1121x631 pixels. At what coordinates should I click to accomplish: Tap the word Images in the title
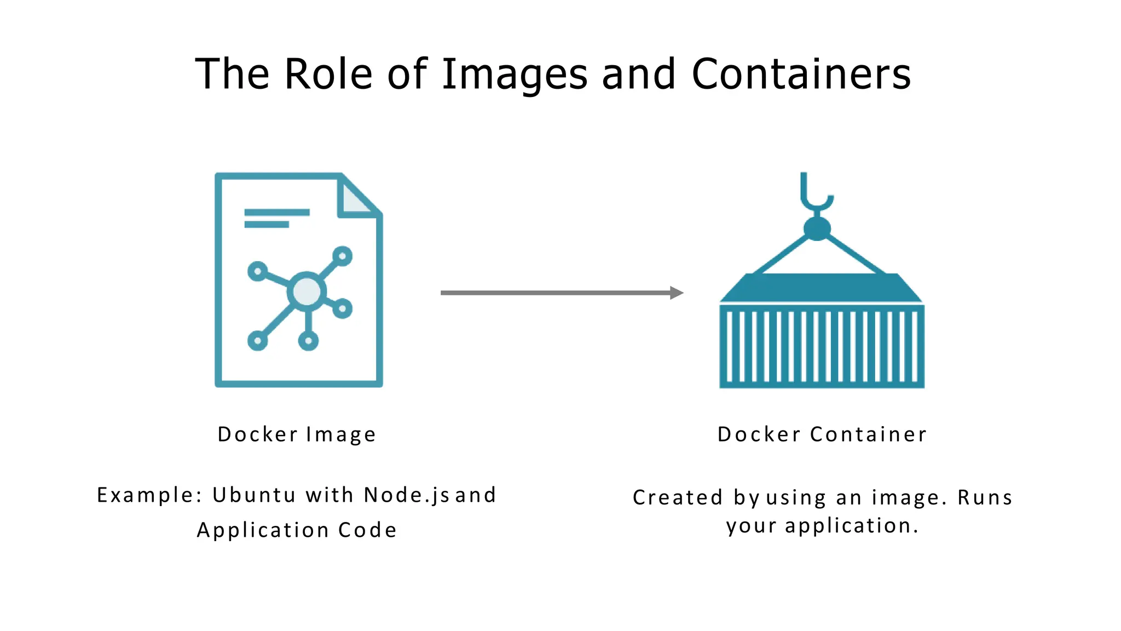tap(515, 74)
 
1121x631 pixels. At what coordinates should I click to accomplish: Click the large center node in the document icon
tap(307, 291)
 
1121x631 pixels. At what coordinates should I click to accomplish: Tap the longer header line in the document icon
tap(277, 212)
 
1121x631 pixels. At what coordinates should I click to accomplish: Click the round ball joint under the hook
tap(817, 228)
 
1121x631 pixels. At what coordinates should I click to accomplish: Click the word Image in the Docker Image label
tap(341, 434)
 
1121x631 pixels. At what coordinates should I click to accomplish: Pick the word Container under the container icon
tap(868, 434)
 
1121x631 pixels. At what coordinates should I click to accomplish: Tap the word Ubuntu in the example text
tap(254, 495)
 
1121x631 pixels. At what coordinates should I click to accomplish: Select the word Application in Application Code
tap(263, 530)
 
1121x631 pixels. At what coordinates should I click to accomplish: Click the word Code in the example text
tap(367, 530)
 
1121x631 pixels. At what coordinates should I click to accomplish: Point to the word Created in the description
tap(678, 497)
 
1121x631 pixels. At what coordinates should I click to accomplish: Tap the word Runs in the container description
tap(985, 497)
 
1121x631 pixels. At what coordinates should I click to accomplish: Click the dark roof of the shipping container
tap(821, 288)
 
